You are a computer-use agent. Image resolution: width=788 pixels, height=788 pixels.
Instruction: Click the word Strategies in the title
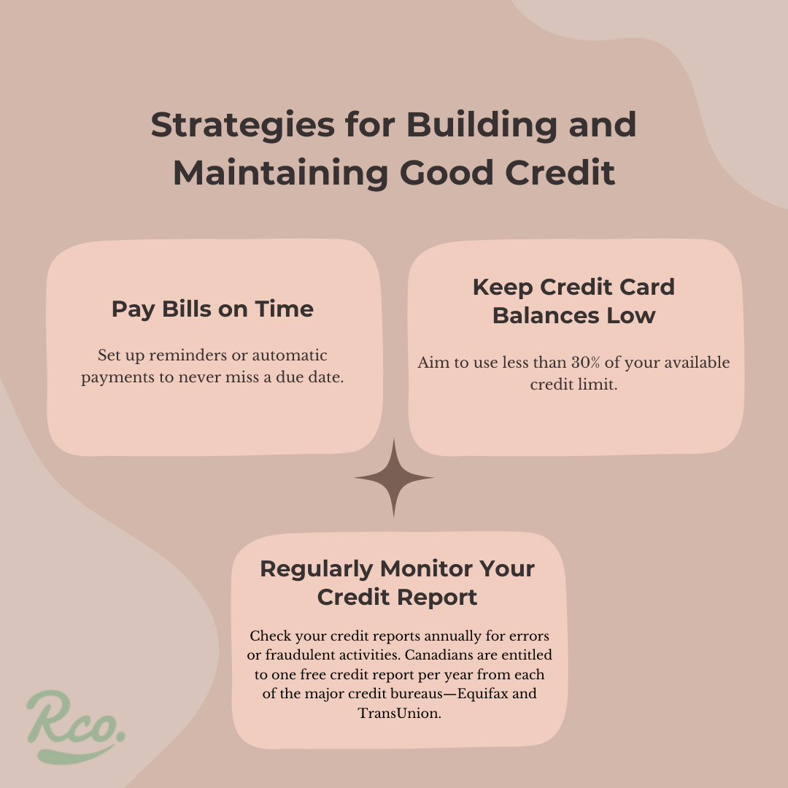tap(243, 125)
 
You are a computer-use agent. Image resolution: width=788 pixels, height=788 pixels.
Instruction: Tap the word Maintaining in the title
tap(280, 174)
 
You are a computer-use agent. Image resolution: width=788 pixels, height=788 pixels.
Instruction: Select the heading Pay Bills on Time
tap(212, 309)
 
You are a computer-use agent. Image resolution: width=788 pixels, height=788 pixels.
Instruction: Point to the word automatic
tap(290, 355)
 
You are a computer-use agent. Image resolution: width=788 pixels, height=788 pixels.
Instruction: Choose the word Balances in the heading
tap(546, 316)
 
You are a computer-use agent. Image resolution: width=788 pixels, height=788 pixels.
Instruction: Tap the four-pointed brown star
tap(393, 478)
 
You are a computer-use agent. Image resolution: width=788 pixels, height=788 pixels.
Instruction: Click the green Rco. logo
tap(76, 726)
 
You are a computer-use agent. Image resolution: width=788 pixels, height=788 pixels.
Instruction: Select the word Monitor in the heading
tap(426, 569)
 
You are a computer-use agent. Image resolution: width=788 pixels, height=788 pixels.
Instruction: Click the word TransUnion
tap(399, 713)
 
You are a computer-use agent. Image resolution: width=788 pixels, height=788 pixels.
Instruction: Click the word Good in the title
tap(447, 174)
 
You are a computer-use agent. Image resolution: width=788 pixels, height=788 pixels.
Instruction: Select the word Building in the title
tap(482, 125)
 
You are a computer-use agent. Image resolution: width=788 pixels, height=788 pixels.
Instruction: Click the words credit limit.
tap(573, 385)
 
